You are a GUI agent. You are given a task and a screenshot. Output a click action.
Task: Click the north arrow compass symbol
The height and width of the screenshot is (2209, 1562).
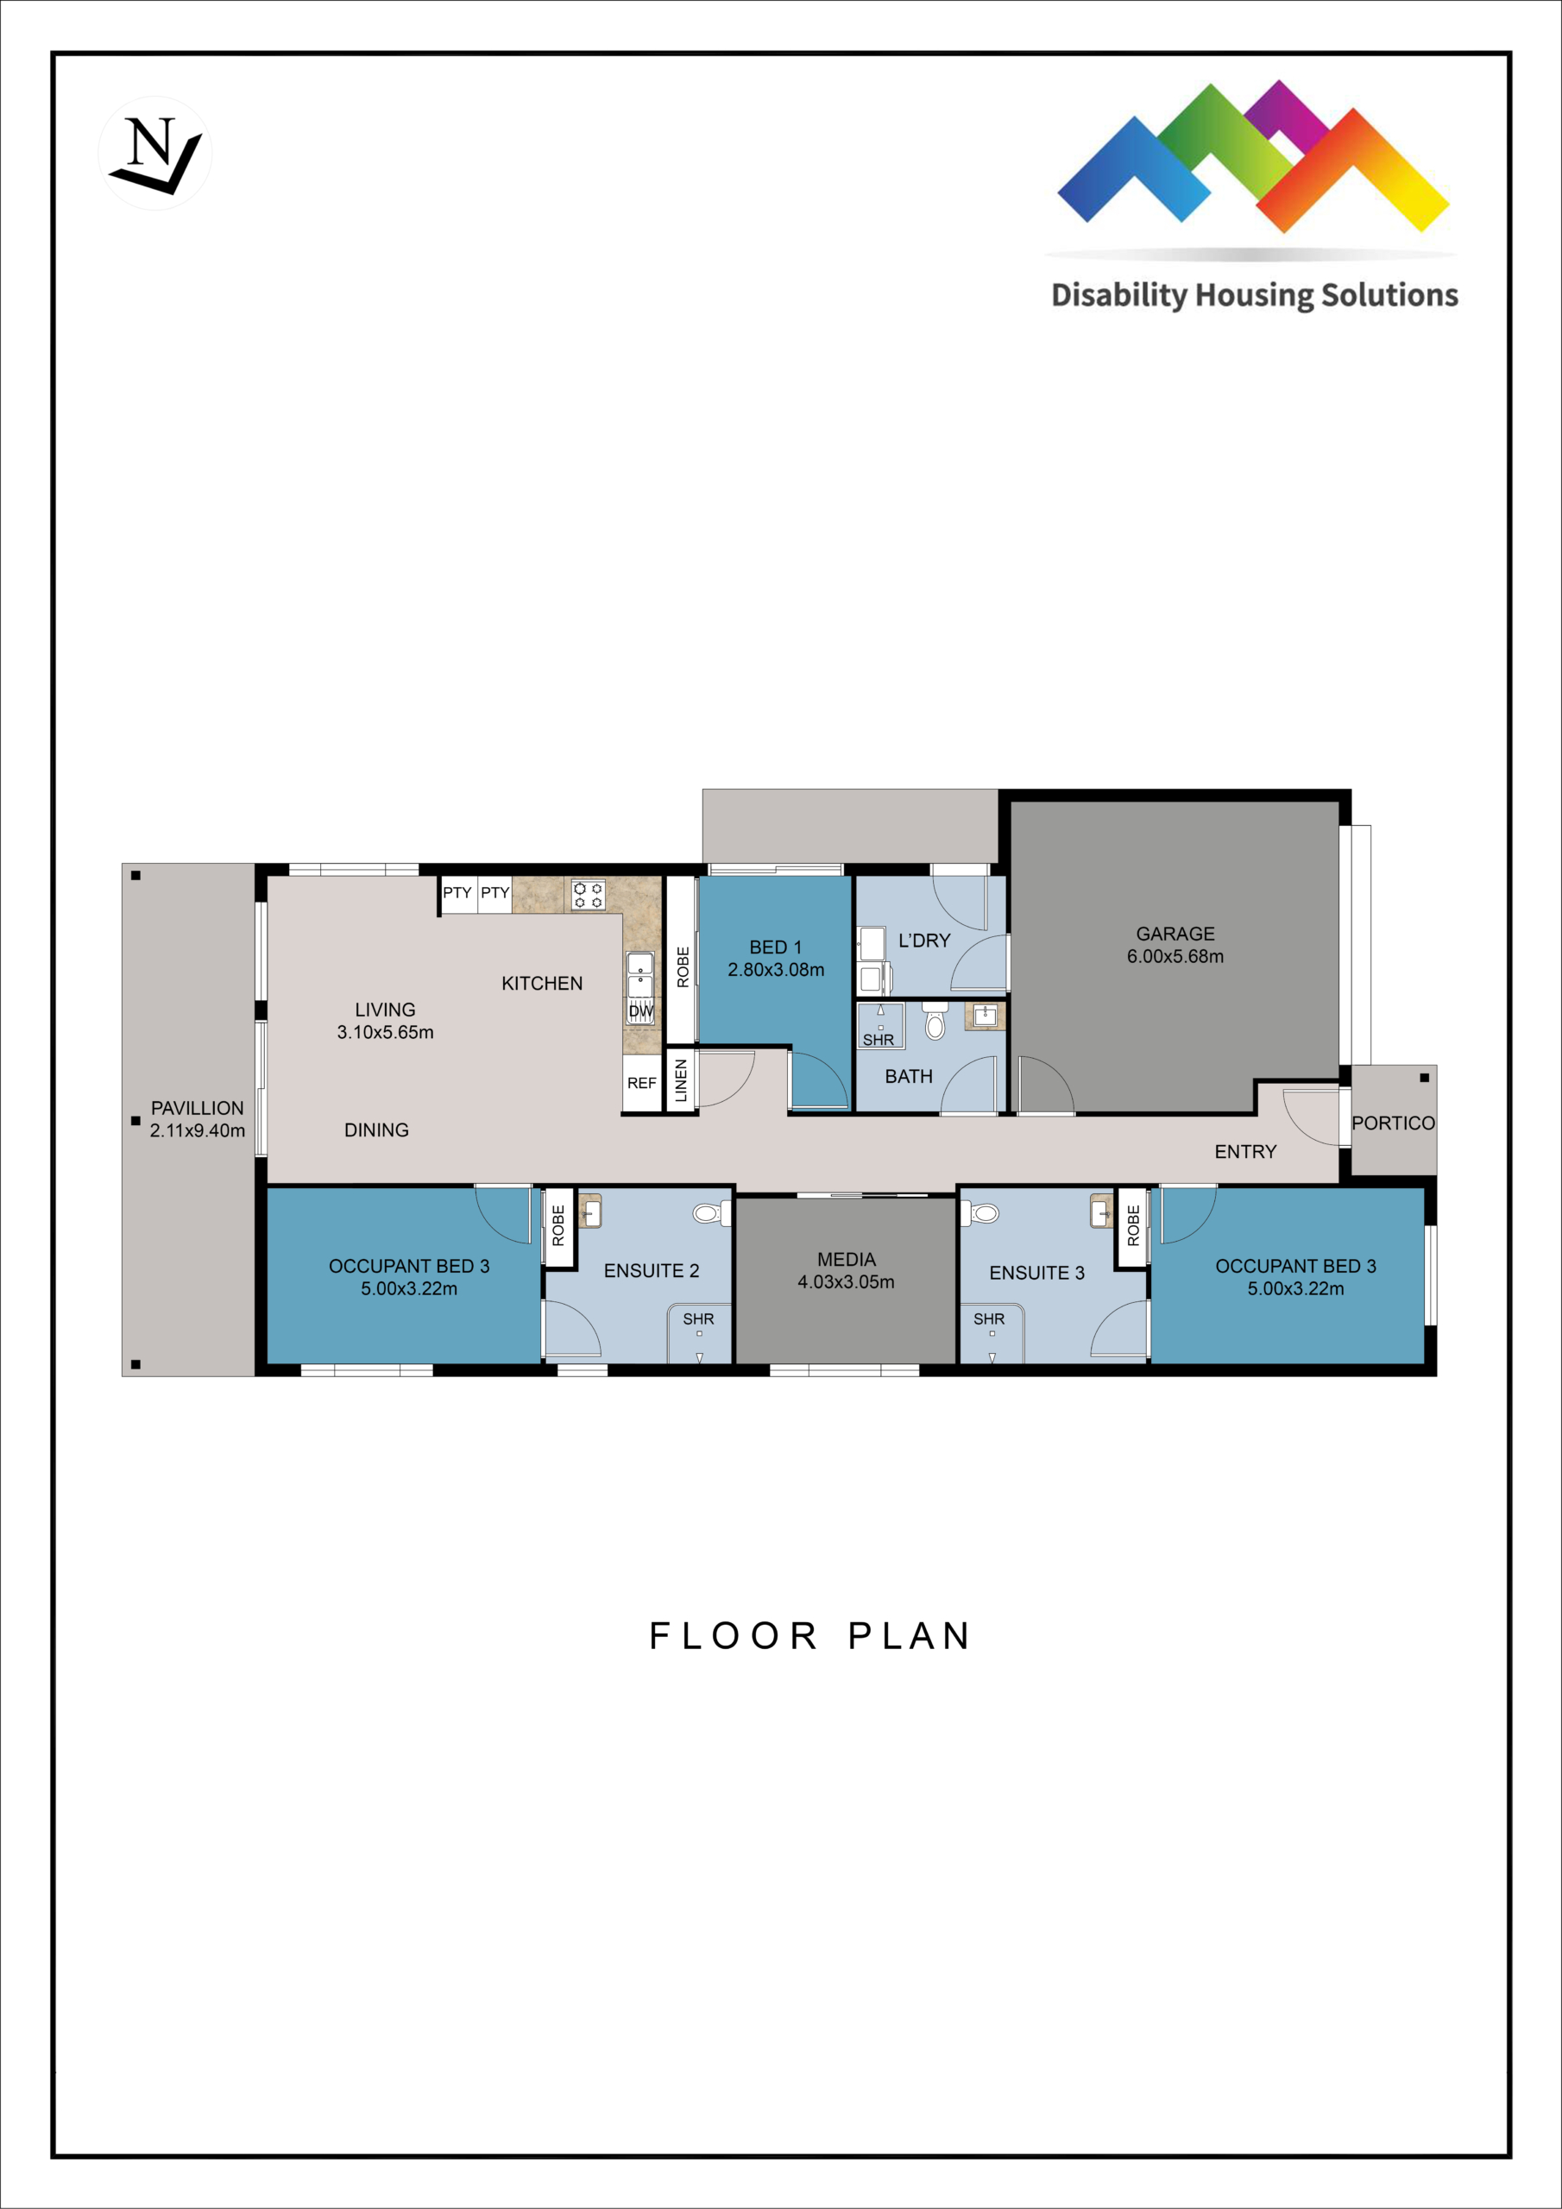[x=155, y=154]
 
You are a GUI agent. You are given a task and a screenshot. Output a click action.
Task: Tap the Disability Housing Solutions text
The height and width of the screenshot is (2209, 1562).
[x=1254, y=295]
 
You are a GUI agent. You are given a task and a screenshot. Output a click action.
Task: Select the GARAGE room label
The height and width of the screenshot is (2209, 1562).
[x=1175, y=935]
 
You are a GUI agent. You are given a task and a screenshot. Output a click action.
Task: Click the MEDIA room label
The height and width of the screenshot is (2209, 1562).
[x=846, y=1260]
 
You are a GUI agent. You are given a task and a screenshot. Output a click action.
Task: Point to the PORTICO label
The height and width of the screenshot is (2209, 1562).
[x=1393, y=1123]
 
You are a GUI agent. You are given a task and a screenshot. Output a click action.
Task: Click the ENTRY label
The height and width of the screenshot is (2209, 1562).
[x=1245, y=1152]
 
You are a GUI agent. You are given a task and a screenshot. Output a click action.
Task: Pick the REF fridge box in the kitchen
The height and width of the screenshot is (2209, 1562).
[x=642, y=1083]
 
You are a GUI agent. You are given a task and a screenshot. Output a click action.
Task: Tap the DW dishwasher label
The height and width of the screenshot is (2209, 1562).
[x=641, y=1012]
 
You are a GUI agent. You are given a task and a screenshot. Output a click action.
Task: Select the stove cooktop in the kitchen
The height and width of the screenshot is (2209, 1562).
[x=588, y=895]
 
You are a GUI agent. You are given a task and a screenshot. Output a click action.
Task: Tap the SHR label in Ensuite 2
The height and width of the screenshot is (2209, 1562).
[x=699, y=1319]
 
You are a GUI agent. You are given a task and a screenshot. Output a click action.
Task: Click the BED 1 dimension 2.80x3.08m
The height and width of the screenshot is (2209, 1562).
[x=776, y=970]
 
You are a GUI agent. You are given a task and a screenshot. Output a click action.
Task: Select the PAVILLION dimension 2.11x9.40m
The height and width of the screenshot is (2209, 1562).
[x=198, y=1130]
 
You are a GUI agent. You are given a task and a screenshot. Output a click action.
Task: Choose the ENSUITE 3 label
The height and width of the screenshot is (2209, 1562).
[x=1036, y=1273]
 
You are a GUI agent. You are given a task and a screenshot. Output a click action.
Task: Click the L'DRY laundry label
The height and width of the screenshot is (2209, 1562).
[x=924, y=940]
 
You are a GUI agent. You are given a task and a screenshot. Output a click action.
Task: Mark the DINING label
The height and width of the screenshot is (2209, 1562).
[x=376, y=1130]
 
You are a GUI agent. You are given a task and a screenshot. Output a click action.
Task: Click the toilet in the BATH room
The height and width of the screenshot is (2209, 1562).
[x=935, y=1022]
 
